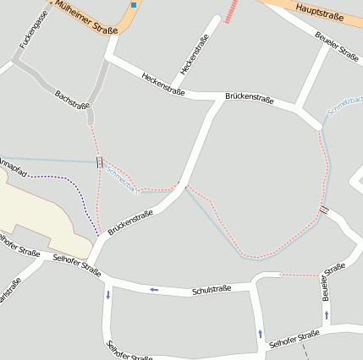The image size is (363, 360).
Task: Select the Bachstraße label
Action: pyautogui.click(x=72, y=101)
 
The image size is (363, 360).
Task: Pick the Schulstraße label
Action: pyautogui.click(x=212, y=291)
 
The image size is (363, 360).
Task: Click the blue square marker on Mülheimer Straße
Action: pyautogui.click(x=134, y=4)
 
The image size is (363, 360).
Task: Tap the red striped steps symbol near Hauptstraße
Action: pyautogui.click(x=230, y=11)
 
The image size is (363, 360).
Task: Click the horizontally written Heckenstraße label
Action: pyautogui.click(x=163, y=81)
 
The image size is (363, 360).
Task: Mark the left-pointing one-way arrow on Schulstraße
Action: pyautogui.click(x=154, y=290)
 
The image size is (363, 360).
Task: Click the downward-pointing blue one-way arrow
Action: pyautogui.click(x=108, y=295)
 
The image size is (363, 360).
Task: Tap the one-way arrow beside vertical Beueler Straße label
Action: pyautogui.click(x=327, y=314)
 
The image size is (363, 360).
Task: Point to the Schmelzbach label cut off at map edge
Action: pyautogui.click(x=345, y=106)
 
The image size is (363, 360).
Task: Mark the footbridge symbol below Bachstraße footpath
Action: pyautogui.click(x=101, y=161)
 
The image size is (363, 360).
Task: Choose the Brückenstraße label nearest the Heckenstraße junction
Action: pyautogui.click(x=249, y=99)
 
